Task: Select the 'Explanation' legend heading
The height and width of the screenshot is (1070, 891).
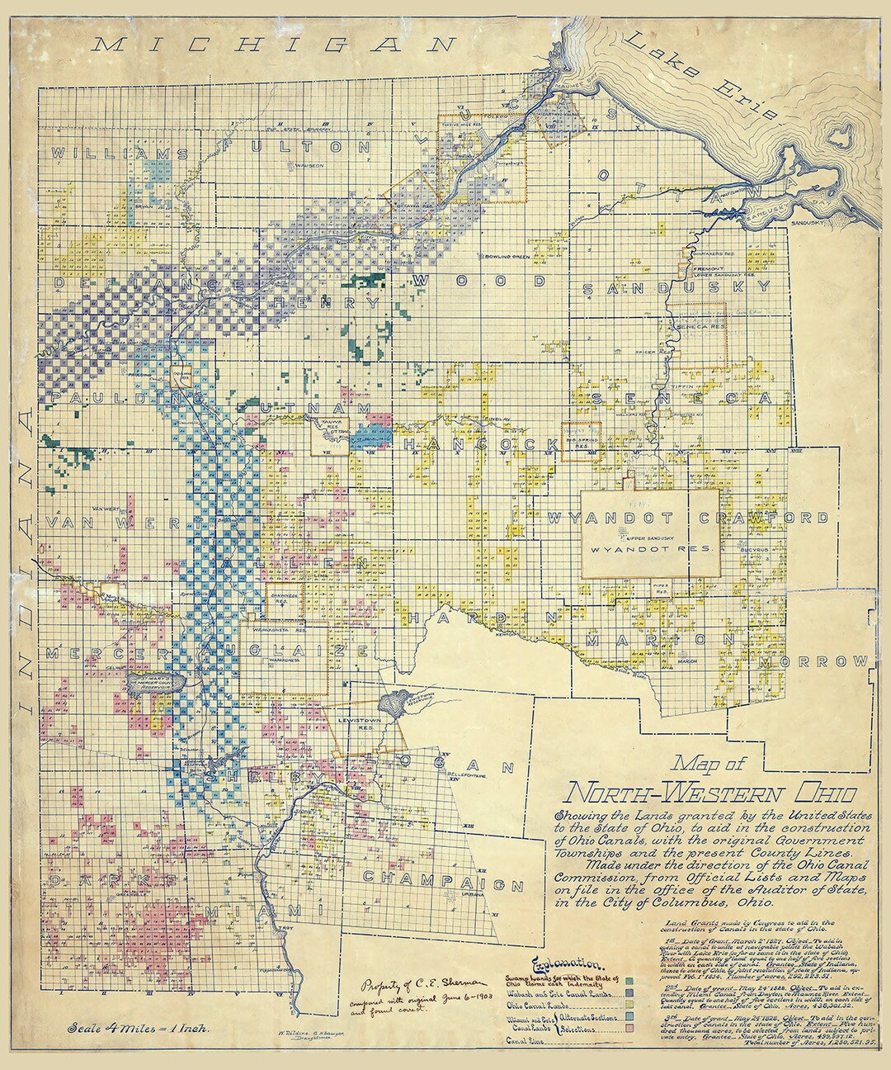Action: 568,963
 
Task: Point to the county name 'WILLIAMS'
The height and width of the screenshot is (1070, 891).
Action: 120,154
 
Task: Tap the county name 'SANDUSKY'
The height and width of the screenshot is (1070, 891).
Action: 676,287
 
